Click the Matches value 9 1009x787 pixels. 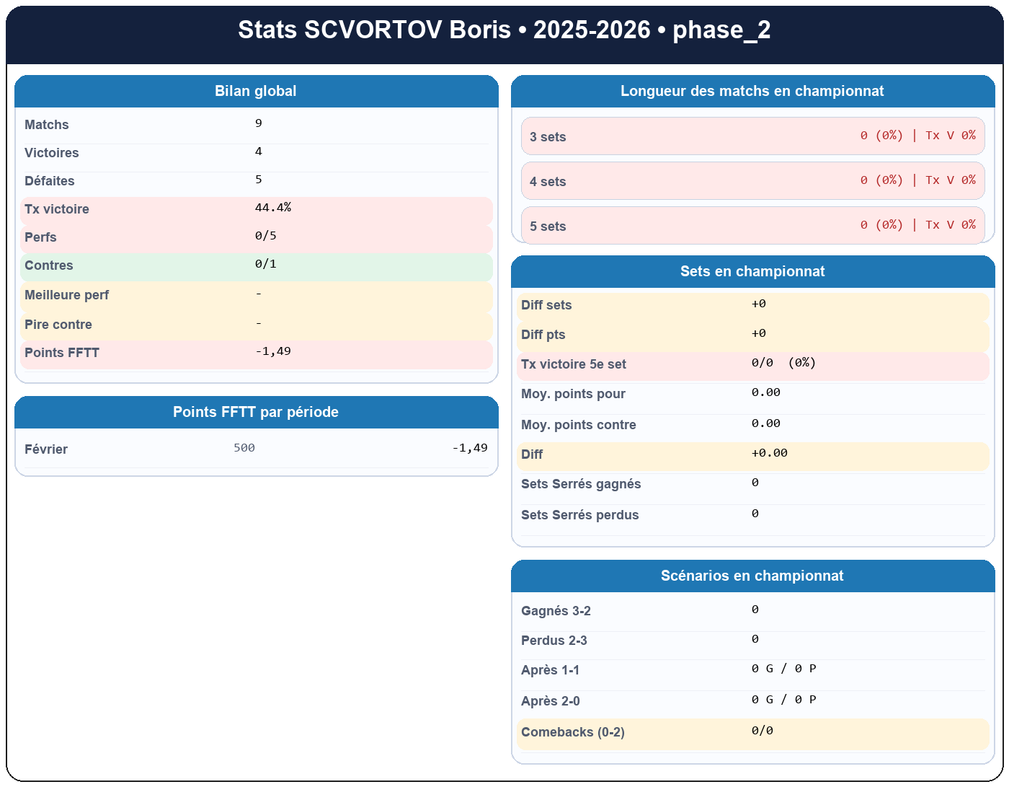click(259, 123)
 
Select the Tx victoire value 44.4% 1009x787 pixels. click(273, 208)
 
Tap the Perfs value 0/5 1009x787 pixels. click(266, 236)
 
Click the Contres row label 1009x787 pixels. click(49, 265)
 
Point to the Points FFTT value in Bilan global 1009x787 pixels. click(273, 351)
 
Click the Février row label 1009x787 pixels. click(46, 449)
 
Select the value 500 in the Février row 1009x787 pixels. click(244, 448)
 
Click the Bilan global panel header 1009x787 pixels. click(256, 92)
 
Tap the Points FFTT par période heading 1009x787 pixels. click(256, 413)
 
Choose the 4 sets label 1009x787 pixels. click(548, 182)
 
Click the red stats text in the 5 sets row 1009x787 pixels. click(917, 225)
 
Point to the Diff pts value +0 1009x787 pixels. click(759, 333)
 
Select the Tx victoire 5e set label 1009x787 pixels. click(574, 364)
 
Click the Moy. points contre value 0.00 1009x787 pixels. click(766, 423)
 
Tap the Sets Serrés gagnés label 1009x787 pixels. click(581, 484)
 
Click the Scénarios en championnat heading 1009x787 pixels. click(752, 576)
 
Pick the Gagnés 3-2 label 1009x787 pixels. click(556, 611)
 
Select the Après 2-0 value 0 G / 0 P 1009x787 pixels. click(784, 700)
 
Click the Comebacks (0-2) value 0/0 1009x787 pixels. click(763, 731)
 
